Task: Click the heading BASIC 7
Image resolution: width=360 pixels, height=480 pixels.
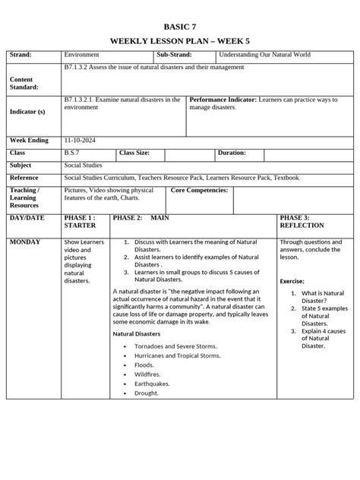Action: [179, 25]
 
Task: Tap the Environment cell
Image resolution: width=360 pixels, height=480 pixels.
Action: [81, 55]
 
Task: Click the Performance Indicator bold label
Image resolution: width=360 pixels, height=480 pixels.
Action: [223, 99]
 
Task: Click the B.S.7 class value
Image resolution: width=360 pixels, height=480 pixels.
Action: [74, 153]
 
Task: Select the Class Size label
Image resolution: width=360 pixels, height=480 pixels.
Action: [134, 153]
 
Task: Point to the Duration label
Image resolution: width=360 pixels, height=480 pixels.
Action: [232, 153]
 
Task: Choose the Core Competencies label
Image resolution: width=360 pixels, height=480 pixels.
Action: [200, 190]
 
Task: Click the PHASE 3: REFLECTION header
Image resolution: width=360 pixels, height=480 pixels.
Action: [302, 221]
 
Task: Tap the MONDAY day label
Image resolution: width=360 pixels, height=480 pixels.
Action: [26, 242]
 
